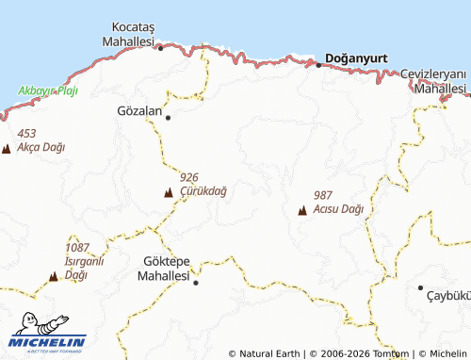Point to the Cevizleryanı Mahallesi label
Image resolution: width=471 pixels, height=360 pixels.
[433, 81]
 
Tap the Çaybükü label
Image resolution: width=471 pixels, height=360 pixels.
[449, 295]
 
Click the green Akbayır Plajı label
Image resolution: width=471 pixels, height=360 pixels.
[48, 91]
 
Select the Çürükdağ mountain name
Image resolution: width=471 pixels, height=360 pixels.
[203, 189]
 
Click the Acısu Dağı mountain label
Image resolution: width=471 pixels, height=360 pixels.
[338, 208]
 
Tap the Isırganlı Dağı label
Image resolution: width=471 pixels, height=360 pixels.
[84, 261]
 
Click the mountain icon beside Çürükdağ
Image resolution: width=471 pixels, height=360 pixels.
[169, 193]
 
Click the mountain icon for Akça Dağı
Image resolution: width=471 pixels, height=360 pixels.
[7, 149]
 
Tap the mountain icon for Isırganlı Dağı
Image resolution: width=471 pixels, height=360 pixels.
[53, 277]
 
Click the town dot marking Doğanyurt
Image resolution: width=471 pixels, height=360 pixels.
[318, 65]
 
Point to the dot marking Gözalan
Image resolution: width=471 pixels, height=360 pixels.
[169, 118]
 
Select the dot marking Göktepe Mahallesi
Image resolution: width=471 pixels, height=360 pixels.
[196, 282]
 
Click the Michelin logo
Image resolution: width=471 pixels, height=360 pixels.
[48, 336]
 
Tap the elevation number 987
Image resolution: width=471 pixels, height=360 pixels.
[324, 195]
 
